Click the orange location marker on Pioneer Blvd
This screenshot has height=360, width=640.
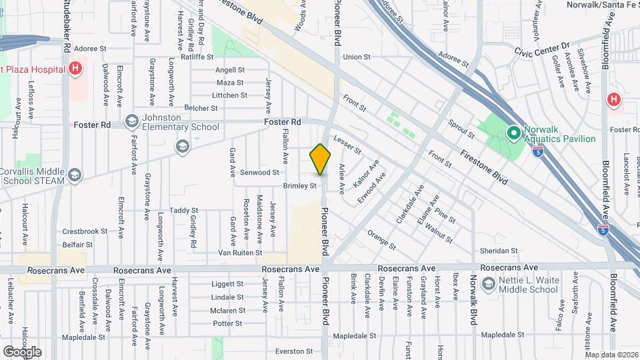[321, 160]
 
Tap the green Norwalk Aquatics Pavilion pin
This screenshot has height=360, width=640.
[513, 133]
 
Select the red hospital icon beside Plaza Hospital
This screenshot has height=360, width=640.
[76, 68]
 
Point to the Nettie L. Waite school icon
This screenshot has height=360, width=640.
[489, 285]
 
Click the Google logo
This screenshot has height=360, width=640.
[22, 351]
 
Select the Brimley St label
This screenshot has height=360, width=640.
[299, 186]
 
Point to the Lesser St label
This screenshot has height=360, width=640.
[348, 144]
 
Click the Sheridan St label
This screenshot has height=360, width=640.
[499, 251]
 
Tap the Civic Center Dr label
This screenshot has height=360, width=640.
[543, 49]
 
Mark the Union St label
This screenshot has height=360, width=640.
[356, 57]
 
